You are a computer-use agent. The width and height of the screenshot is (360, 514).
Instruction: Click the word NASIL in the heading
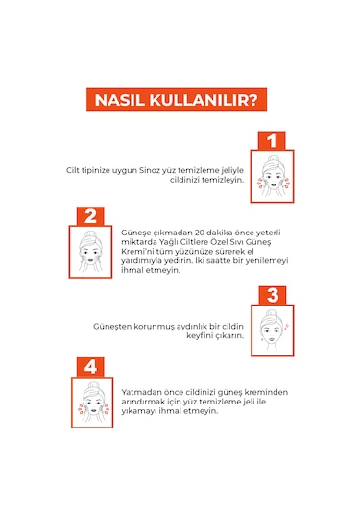coord(119,100)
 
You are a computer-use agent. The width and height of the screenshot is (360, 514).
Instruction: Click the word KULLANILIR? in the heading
coord(204,100)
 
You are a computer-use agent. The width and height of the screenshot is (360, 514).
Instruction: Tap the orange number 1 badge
coord(272,140)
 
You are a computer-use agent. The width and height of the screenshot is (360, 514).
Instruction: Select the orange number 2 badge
coord(90,216)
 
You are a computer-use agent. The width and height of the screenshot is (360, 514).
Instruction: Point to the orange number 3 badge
coord(273,295)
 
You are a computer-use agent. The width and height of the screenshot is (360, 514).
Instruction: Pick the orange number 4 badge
coord(90,367)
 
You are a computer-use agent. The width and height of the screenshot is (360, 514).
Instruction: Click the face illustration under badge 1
coord(273,177)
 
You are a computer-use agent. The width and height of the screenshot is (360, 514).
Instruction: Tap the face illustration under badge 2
coord(91,252)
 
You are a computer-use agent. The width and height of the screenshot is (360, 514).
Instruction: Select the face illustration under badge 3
coord(273,330)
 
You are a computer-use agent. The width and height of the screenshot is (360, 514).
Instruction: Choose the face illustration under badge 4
coord(92,403)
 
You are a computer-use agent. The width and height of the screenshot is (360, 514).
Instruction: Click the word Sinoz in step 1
coord(149,170)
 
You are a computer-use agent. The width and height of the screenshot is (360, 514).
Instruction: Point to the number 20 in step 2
coord(200,233)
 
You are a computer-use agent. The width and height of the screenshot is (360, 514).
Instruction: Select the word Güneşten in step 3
coord(112,327)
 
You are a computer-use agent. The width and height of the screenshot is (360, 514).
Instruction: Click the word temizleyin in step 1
coord(223,180)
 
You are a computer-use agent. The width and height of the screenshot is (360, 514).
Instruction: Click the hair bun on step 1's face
coord(272,159)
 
